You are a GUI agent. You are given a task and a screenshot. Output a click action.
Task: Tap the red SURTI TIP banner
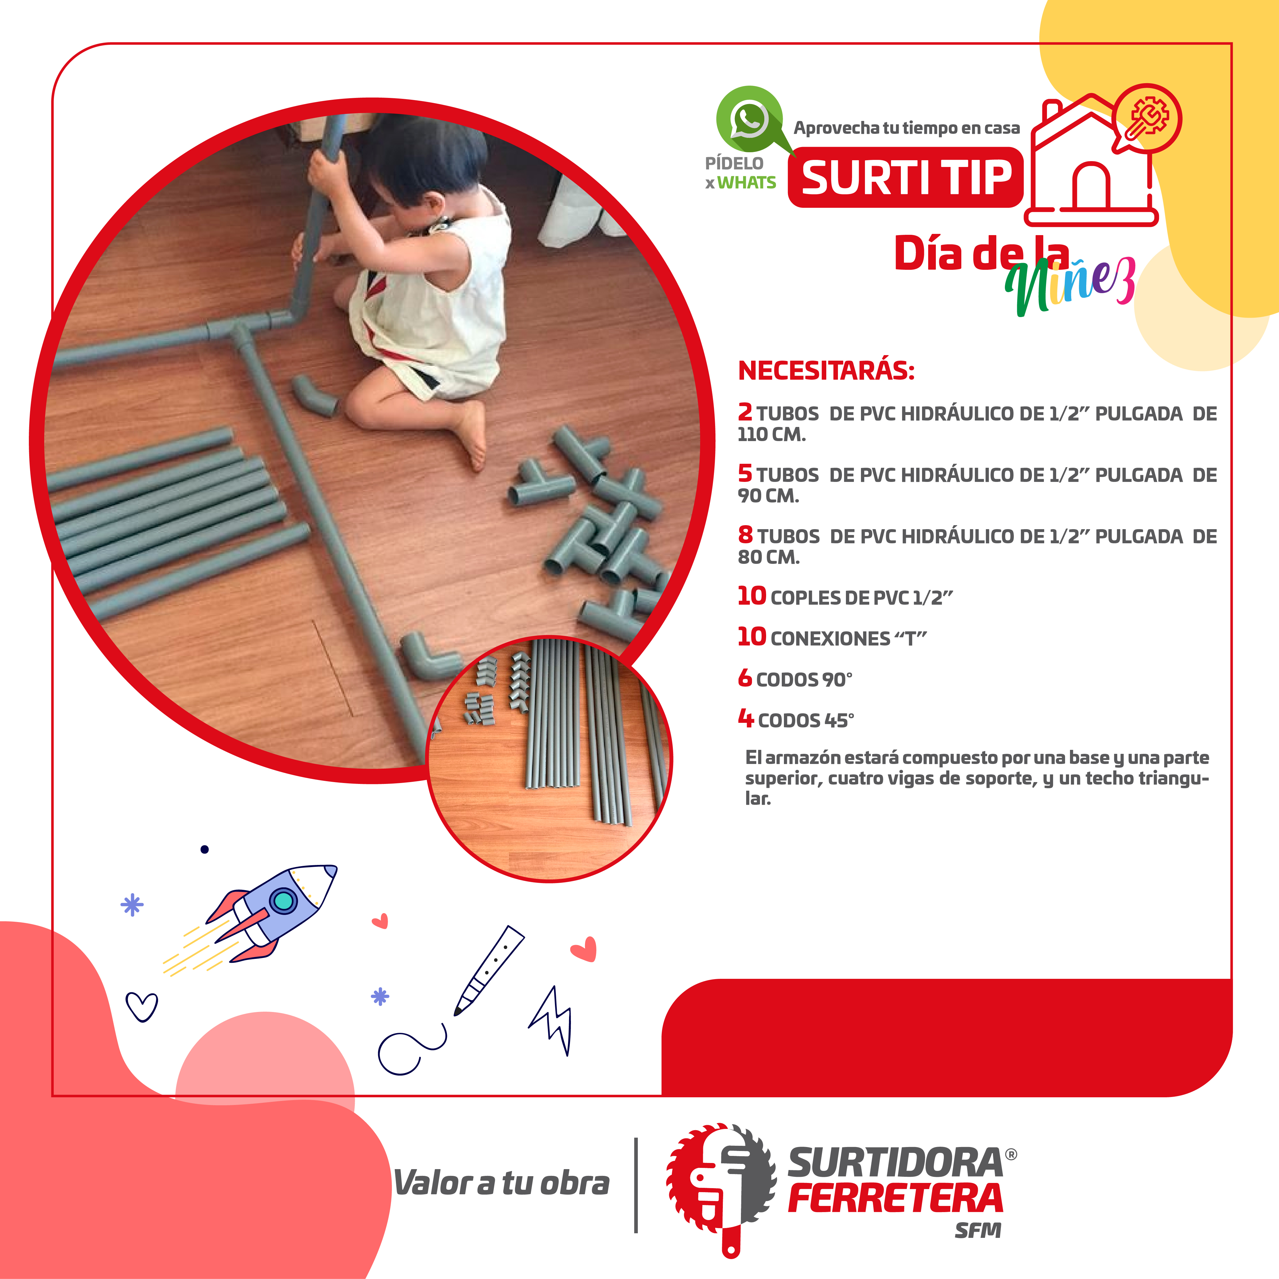point(906,177)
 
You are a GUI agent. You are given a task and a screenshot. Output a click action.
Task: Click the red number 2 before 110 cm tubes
point(746,412)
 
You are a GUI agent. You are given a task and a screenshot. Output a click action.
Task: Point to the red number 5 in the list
point(746,473)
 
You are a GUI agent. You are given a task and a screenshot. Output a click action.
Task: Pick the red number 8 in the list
point(746,534)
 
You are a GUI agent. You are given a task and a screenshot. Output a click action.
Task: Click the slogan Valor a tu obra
point(501,1184)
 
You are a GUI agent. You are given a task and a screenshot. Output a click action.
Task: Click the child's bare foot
point(471,434)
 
